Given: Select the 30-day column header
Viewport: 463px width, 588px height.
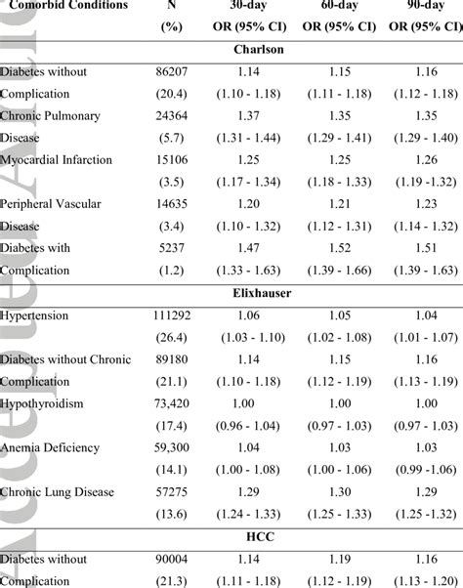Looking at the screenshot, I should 253,5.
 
